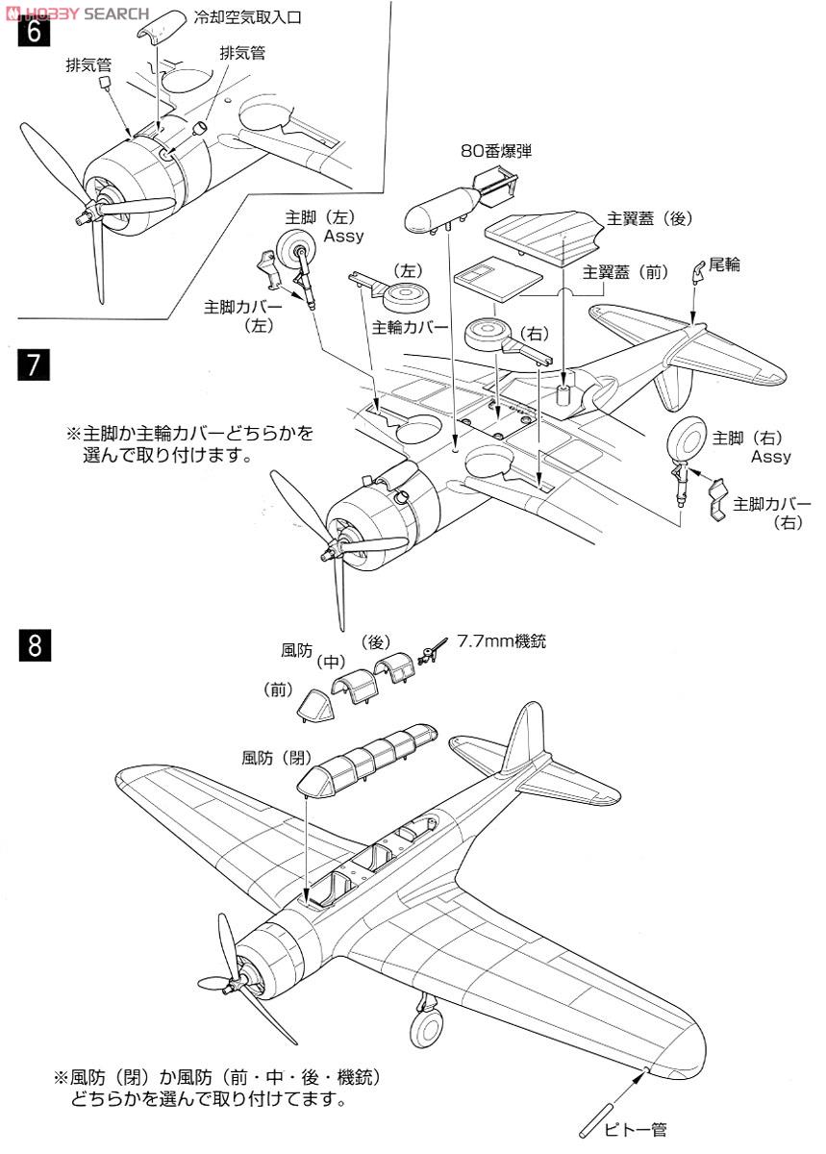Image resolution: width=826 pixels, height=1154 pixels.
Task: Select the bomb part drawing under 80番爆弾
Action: [x=456, y=200]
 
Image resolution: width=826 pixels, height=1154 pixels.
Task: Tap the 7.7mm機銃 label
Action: [x=501, y=640]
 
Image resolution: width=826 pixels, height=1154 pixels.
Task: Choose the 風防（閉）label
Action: [x=277, y=757]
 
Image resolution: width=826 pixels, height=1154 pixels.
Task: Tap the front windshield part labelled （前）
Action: [x=315, y=708]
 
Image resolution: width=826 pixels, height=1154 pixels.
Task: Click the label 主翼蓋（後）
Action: [x=649, y=218]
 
